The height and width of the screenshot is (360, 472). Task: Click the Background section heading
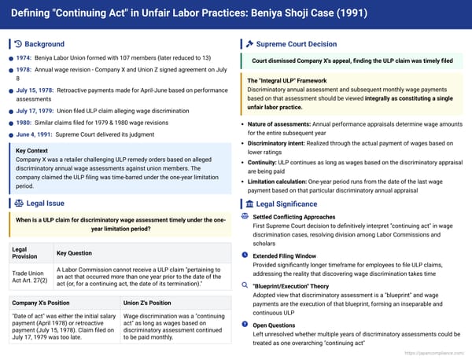click(45, 44)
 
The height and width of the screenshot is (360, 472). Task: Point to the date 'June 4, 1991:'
click(34, 134)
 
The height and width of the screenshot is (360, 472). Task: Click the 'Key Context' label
click(32, 150)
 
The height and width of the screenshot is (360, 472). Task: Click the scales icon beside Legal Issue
click(18, 204)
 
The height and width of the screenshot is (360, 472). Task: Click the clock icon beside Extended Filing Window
click(245, 255)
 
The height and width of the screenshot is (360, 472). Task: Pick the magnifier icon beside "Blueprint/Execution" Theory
click(245, 287)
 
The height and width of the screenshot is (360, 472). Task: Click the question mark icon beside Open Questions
click(245, 324)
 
